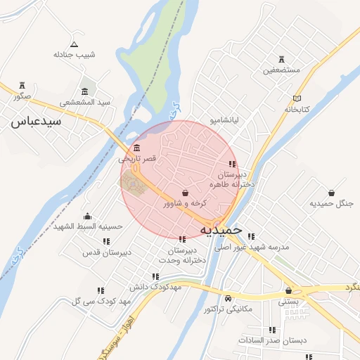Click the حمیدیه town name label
pos(221,229)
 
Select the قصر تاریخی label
pos(136,160)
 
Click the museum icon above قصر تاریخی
pos(136,148)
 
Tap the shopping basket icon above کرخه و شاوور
pos(185,192)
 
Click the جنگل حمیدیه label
pos(330,203)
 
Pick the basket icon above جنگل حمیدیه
pos(331,192)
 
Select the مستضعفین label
pos(282,70)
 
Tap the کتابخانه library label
pos(297,110)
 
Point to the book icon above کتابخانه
pos(297,98)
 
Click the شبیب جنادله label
pos(74,54)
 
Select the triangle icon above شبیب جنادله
pos(74,44)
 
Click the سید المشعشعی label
pos(85,102)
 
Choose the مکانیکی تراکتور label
pos(227,309)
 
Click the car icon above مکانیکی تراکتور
pos(227,298)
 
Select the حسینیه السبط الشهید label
pos(90,227)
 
